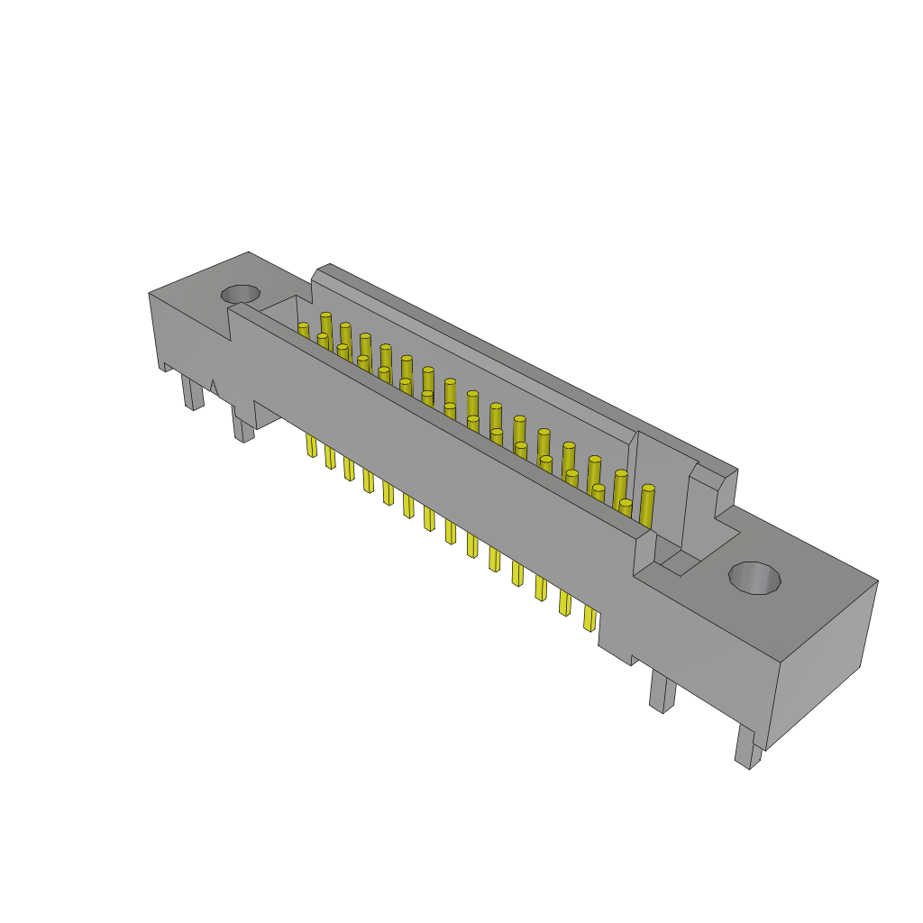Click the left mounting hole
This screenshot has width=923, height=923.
point(241,294)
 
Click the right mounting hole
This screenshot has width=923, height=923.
point(754,578)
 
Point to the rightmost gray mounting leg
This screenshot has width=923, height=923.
point(746,746)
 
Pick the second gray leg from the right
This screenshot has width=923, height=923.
point(662,691)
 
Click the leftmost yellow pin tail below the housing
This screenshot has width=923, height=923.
point(311,445)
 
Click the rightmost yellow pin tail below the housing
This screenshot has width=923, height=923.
point(589,617)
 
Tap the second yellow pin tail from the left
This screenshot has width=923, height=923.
point(330,457)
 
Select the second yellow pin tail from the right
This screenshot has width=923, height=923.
point(564,602)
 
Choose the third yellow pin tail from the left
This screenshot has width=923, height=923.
point(349,469)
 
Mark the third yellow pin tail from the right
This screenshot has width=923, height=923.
point(541,588)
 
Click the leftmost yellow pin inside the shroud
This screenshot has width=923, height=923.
point(304,331)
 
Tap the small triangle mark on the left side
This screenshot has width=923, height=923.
point(214,388)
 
